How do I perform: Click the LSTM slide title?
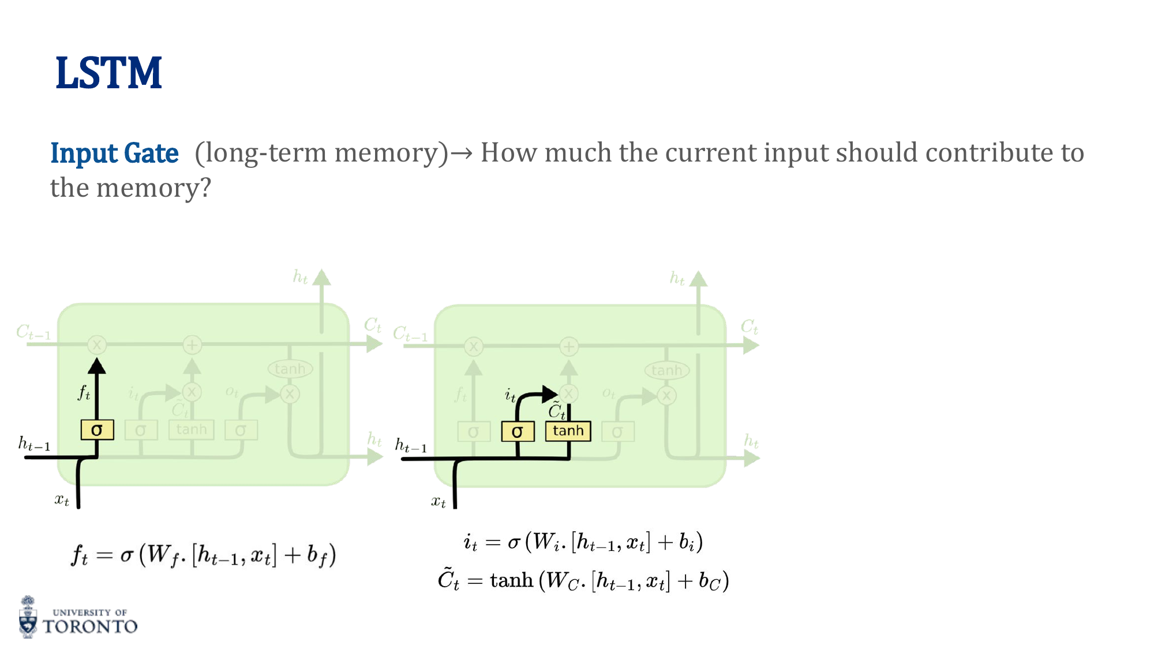(108, 73)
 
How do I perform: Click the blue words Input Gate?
(114, 153)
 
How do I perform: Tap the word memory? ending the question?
(153, 188)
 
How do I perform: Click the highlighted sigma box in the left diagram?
(97, 430)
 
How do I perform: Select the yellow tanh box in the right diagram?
(568, 431)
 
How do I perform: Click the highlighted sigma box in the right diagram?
(518, 432)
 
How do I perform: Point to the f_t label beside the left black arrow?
(84, 393)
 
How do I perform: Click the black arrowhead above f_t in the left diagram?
(97, 366)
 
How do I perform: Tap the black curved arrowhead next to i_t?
(549, 394)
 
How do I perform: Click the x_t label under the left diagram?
(62, 500)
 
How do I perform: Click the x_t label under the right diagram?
(439, 501)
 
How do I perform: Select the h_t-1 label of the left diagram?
(34, 444)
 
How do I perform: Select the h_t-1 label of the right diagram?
(411, 446)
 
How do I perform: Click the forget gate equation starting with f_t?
(203, 556)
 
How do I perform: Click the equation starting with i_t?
(583, 542)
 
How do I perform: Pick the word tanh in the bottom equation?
(511, 580)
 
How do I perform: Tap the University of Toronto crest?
(28, 617)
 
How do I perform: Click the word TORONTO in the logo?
(90, 627)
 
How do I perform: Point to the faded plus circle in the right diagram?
(569, 346)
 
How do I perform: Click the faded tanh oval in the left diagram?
(290, 369)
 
